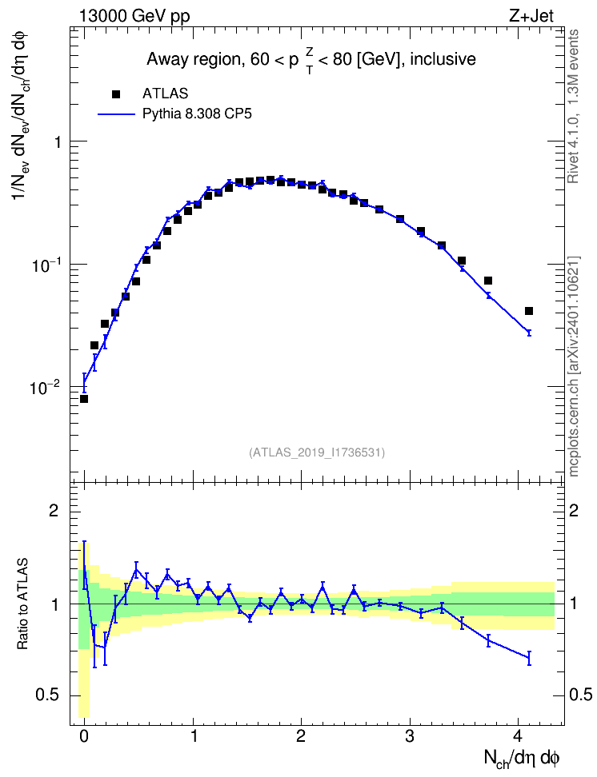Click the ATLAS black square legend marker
[x=116, y=94]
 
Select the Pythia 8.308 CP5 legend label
[x=197, y=114]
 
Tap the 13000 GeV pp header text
[x=134, y=16]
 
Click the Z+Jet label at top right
[x=531, y=16]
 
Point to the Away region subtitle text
[x=311, y=61]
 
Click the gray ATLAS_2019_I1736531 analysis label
[x=317, y=452]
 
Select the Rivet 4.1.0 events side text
[x=574, y=106]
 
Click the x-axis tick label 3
[x=410, y=735]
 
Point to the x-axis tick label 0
[x=84, y=735]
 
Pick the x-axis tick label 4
[x=518, y=735]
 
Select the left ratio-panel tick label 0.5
[x=48, y=695]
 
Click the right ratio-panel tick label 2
[x=574, y=510]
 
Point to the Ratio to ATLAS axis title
[x=23, y=604]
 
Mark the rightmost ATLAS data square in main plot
[x=529, y=311]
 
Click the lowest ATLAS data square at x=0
[x=84, y=399]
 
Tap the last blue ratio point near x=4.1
[x=529, y=658]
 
